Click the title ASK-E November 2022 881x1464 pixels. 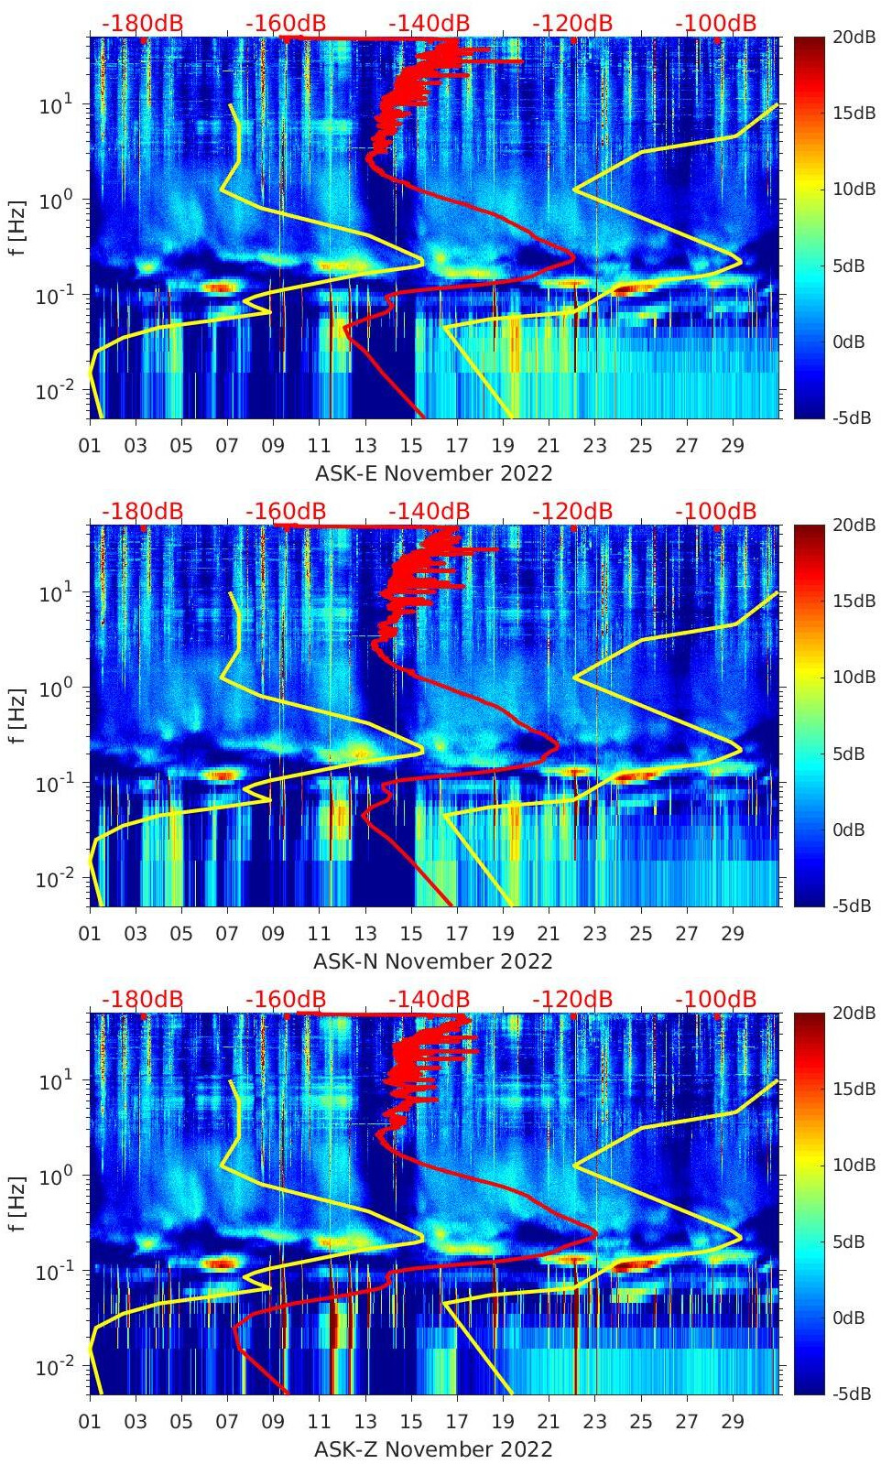coord(433,473)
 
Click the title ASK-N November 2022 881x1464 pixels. coord(433,961)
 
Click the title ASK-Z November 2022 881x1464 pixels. coord(433,1449)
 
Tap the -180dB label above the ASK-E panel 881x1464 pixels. coord(142,23)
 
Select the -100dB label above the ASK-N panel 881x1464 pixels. coord(716,511)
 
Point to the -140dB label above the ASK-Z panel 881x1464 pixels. coord(430,999)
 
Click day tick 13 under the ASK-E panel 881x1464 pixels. coord(365,446)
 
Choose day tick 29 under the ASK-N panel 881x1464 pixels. coord(733,934)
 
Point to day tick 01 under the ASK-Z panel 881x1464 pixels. coord(90,1422)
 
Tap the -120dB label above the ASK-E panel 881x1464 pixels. coord(572,23)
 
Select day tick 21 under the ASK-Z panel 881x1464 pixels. coord(549,1422)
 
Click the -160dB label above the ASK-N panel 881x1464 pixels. coord(286,511)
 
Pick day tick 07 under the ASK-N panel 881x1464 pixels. coord(227,934)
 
